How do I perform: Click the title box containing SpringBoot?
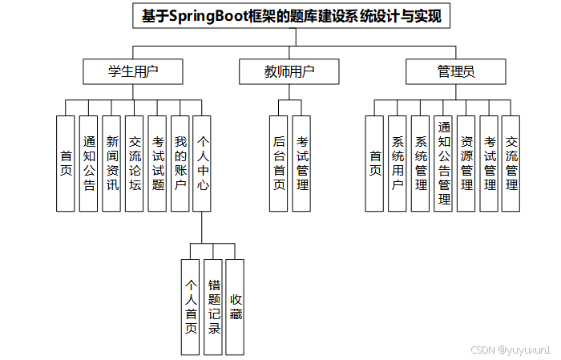click(x=292, y=15)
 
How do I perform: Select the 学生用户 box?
click(x=133, y=71)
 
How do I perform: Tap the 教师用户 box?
click(x=289, y=71)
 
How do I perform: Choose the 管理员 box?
click(x=456, y=71)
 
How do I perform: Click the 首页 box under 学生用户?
click(x=66, y=164)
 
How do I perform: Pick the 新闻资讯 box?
click(x=111, y=164)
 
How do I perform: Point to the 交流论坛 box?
click(x=135, y=164)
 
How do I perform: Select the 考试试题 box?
click(x=158, y=164)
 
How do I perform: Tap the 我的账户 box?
click(x=180, y=164)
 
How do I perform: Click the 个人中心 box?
click(x=203, y=164)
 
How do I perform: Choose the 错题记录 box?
click(x=213, y=306)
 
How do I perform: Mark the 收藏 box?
click(x=235, y=306)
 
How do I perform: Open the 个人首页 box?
click(x=191, y=306)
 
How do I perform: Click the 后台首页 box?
click(x=279, y=164)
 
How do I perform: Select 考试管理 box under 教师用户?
click(x=302, y=164)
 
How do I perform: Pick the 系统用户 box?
click(x=397, y=164)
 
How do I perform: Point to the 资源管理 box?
click(x=466, y=164)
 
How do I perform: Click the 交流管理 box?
click(x=511, y=164)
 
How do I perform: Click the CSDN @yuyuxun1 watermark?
click(x=511, y=350)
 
